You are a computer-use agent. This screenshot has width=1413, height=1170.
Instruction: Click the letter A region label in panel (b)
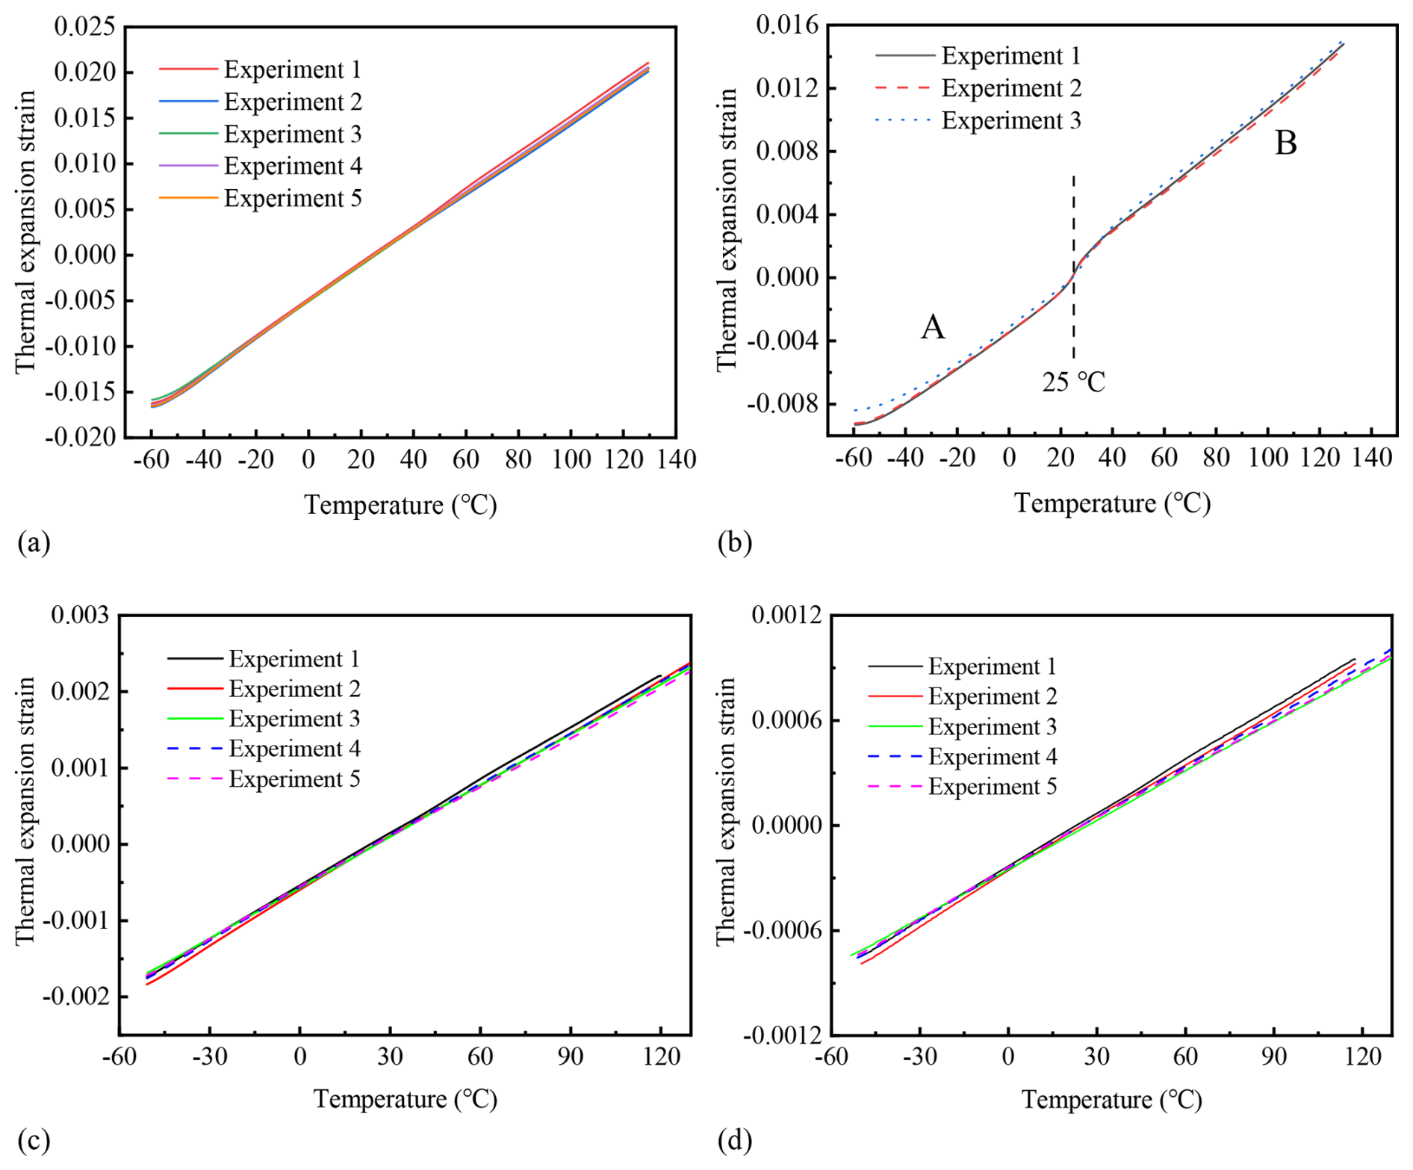tap(933, 327)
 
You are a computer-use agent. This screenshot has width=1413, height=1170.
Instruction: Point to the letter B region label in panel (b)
tap(1285, 143)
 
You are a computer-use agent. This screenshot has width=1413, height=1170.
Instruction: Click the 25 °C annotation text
tap(1073, 383)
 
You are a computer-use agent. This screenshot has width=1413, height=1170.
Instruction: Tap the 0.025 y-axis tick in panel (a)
tap(85, 27)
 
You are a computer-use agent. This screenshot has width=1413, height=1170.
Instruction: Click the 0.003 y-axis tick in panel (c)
tap(80, 616)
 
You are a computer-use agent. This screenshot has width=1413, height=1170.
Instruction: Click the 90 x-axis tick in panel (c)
tap(571, 1056)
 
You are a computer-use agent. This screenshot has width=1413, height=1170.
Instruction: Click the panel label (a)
tap(34, 542)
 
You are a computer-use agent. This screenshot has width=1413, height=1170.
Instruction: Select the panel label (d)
tap(734, 1141)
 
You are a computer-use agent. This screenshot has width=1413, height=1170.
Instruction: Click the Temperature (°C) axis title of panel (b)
tap(1112, 503)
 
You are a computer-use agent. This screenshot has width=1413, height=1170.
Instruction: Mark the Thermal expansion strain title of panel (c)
tap(25, 811)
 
